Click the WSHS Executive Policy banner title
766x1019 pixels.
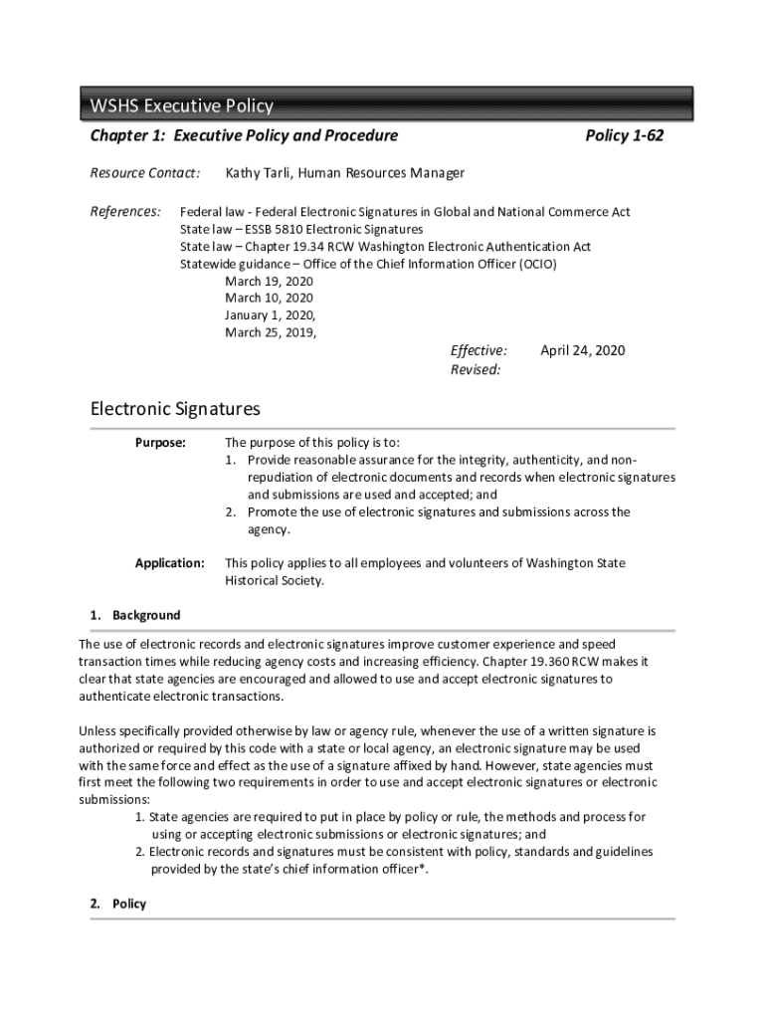point(182,106)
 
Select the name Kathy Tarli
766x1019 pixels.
point(260,173)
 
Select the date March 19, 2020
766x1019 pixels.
point(269,281)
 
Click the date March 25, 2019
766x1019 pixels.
point(271,332)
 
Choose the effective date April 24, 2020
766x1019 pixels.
point(582,350)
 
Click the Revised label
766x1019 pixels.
point(476,369)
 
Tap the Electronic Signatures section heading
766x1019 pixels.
point(175,409)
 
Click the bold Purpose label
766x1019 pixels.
point(160,443)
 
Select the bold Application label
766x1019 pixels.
point(170,563)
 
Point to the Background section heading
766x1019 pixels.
point(146,615)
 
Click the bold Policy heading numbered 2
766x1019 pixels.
point(129,904)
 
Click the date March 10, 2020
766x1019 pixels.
point(269,298)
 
